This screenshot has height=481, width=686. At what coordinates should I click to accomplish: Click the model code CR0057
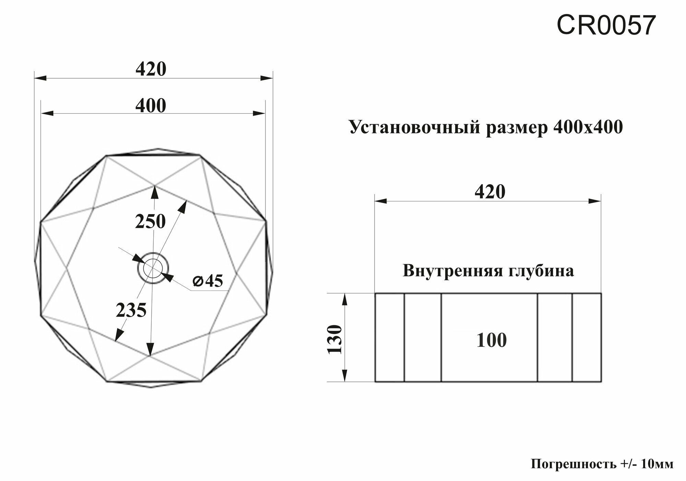(606, 26)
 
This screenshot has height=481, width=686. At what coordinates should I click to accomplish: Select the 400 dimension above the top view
(151, 106)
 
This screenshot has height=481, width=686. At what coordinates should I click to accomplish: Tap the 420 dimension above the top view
(151, 69)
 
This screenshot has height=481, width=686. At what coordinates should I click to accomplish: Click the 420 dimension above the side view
(490, 192)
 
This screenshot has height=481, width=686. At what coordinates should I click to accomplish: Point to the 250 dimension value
(150, 221)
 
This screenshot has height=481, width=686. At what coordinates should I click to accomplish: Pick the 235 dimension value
(131, 311)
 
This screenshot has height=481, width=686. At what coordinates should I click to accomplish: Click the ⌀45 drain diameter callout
(208, 281)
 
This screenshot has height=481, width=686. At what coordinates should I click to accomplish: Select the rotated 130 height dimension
(335, 340)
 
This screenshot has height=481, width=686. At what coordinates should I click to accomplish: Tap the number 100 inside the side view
(491, 341)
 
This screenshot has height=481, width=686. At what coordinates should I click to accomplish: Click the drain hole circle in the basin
(153, 268)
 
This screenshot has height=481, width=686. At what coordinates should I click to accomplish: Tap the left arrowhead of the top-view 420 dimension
(40, 79)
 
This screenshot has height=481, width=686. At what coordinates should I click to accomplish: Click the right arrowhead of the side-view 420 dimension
(595, 201)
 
